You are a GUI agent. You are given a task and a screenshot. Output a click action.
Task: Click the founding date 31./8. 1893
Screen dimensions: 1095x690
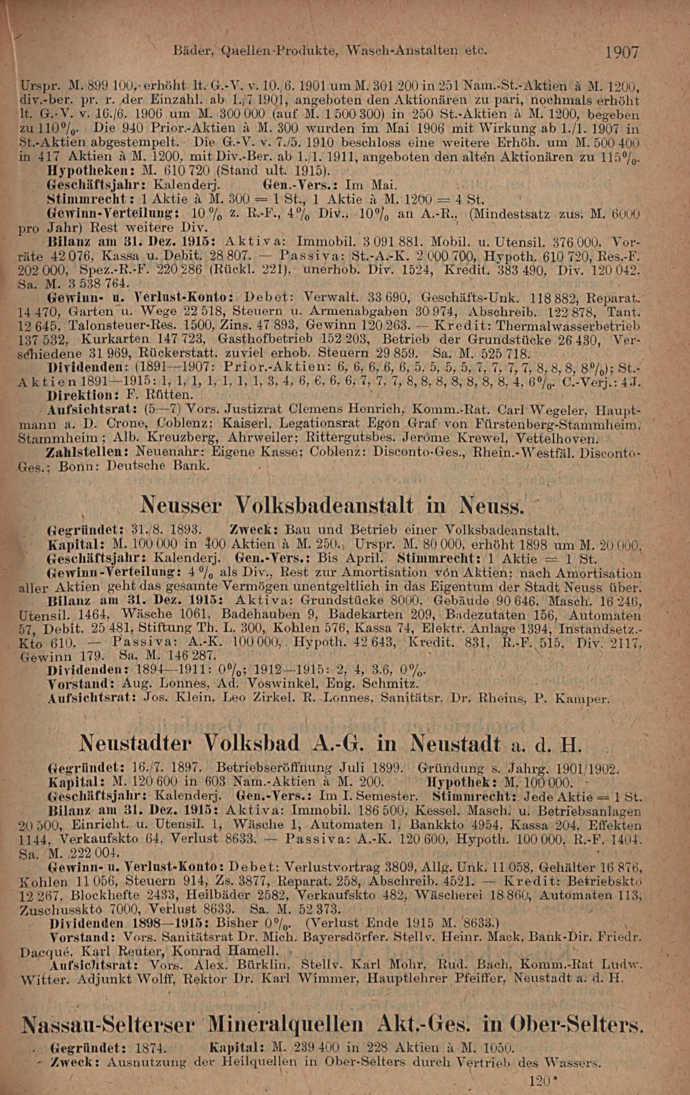[x=166, y=530]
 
